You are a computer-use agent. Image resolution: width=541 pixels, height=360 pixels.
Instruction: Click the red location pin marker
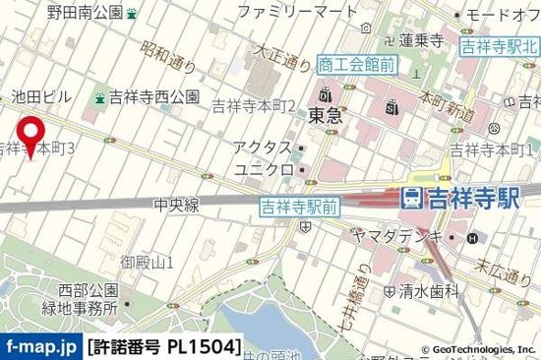30,136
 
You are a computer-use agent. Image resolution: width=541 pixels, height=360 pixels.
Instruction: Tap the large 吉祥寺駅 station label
470,198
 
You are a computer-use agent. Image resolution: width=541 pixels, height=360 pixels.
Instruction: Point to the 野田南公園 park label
86,13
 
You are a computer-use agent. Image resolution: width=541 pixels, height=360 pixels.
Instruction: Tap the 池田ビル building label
40,96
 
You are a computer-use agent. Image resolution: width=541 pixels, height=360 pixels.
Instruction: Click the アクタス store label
263,148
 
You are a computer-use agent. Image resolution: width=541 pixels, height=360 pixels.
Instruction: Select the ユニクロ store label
263,169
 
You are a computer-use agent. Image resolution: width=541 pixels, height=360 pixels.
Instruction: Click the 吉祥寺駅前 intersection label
299,206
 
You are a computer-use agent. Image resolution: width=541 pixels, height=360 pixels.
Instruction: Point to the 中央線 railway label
177,205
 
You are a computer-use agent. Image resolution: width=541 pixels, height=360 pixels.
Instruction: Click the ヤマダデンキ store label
407,237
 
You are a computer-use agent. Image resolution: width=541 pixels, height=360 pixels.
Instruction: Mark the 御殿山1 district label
148,262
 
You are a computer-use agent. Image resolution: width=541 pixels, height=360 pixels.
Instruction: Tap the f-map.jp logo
41,347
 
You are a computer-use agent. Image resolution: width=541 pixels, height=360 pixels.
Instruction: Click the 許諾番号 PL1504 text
164,347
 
